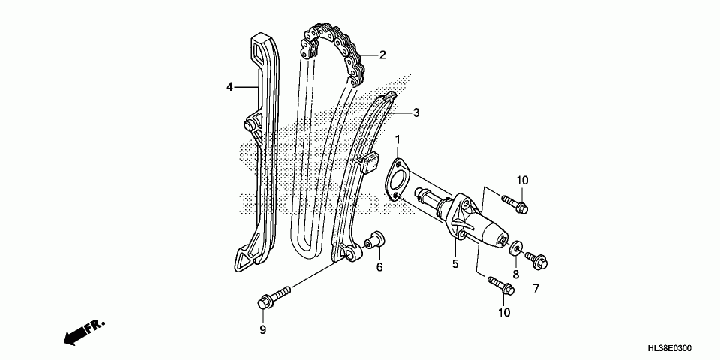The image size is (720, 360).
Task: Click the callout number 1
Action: (398, 139)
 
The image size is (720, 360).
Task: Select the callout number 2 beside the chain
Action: (382, 55)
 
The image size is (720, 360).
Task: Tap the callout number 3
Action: (415, 113)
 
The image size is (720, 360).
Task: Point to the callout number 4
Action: (231, 87)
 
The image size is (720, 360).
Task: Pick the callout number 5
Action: (454, 263)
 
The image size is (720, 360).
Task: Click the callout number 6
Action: (379, 266)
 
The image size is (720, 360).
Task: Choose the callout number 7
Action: (535, 287)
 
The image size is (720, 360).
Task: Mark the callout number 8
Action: (516, 274)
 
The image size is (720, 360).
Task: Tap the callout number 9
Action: (263, 329)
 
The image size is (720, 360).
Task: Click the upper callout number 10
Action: (522, 180)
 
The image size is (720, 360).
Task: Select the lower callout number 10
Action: (503, 312)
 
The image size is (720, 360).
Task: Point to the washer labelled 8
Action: (517, 247)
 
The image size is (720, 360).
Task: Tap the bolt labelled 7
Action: (537, 261)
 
